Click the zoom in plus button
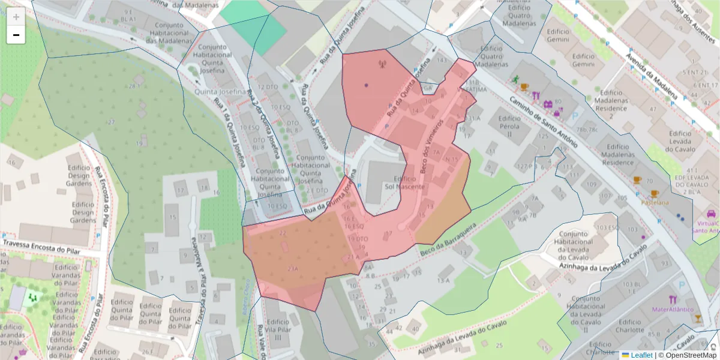point(16,17)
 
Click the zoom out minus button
point(16,35)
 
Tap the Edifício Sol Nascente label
point(405,183)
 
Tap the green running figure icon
point(514,80)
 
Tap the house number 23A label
point(293,268)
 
